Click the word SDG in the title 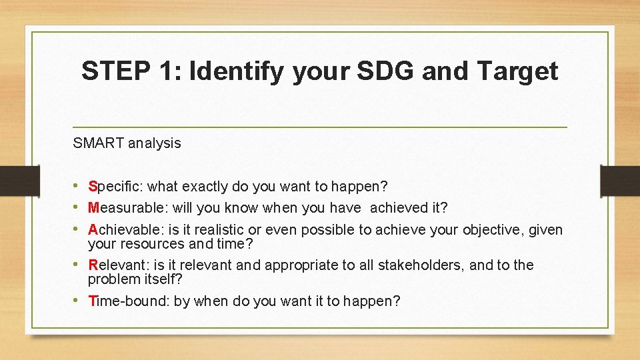(x=383, y=70)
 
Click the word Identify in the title (x=236, y=71)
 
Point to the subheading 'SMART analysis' (x=127, y=143)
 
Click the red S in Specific (x=93, y=187)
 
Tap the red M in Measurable (x=93, y=208)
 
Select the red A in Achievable (x=93, y=230)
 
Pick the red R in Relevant (x=93, y=265)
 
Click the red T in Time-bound (x=92, y=301)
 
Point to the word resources (x=149, y=244)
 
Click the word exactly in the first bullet (x=205, y=187)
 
